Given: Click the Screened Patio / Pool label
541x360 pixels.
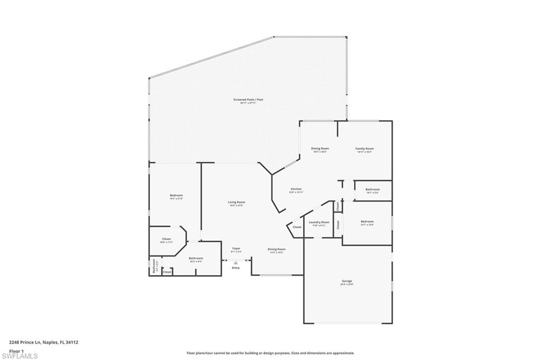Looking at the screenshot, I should pos(248,100).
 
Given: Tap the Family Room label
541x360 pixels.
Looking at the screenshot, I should pos(364,149).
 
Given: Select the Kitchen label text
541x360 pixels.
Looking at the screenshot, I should pos(296,189).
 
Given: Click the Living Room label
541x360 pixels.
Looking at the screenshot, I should pos(236,202).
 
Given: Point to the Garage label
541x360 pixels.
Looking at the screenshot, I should pos(347,281).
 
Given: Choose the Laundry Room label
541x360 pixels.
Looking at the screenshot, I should pos(319,222).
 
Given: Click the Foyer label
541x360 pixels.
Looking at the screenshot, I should pos(236,248).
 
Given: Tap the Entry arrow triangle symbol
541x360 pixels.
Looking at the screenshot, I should pos(236,262).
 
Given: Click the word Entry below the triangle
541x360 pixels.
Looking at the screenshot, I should pos(236,268).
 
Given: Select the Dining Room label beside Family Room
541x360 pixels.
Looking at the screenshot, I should pos(320,149).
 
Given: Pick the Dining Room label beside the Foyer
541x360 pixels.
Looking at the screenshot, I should pos(276,249).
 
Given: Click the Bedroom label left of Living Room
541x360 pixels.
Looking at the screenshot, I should pos(176,196).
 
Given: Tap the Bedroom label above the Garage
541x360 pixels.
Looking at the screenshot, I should pos(367,222).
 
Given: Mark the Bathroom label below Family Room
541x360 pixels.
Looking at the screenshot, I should pos(372,190).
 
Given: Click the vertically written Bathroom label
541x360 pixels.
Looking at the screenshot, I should pos(154,265).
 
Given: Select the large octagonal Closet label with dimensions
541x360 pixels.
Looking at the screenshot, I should pos(166,239).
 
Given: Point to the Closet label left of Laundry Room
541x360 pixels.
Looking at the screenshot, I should pos(297,227).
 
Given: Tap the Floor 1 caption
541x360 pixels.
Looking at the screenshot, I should pos(16,350).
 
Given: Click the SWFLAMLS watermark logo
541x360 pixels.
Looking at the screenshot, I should pos(20,356).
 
